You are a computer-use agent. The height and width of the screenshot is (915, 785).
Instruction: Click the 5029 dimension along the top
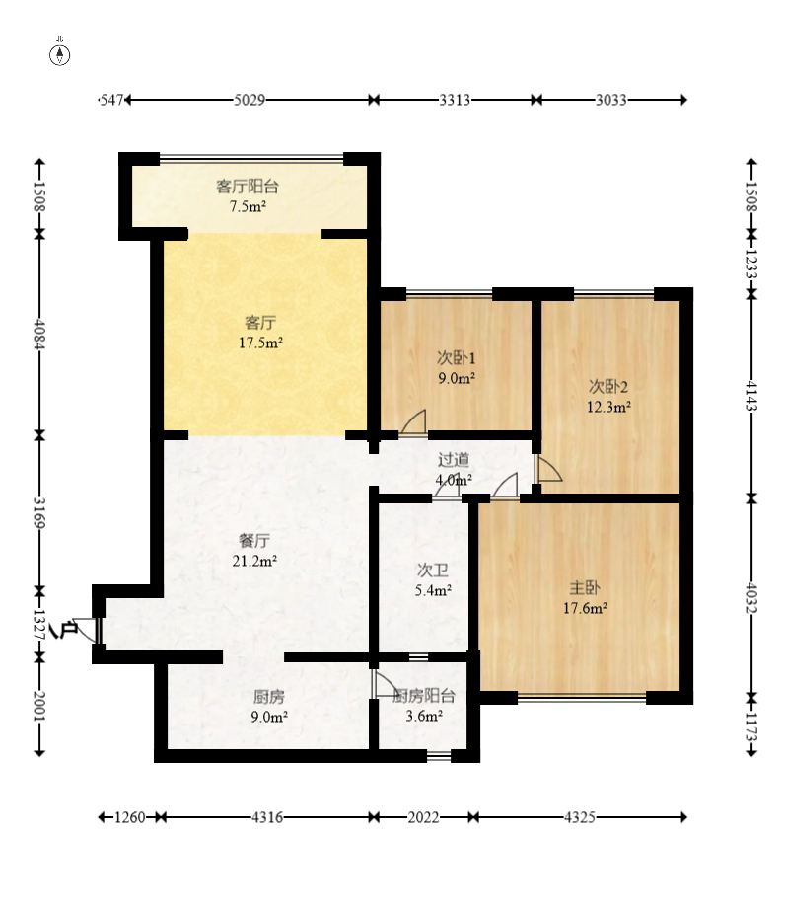[250, 100]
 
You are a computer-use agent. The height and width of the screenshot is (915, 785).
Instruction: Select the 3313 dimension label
[455, 100]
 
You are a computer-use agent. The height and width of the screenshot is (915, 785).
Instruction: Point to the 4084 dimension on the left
[39, 334]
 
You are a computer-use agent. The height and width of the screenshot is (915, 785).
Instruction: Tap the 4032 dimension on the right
[751, 598]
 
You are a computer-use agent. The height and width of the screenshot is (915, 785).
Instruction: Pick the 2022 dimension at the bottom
[423, 817]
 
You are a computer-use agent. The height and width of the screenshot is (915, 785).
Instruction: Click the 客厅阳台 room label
[248, 187]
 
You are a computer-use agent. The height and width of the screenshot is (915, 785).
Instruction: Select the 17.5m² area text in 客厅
[260, 343]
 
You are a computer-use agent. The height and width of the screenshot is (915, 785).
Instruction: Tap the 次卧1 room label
[456, 357]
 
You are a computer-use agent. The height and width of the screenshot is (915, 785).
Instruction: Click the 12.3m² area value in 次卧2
[608, 407]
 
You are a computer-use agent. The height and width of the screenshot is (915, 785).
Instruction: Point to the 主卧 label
[585, 587]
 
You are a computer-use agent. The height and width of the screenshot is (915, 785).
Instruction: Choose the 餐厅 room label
[254, 540]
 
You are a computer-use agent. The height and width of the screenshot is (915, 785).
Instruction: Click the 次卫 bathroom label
[433, 571]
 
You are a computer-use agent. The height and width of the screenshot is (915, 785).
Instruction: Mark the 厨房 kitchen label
[269, 696]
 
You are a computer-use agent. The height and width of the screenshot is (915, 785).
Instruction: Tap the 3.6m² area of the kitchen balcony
[424, 716]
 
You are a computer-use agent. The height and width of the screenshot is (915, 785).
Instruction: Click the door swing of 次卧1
[414, 421]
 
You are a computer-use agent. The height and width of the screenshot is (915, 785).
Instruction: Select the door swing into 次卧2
[548, 470]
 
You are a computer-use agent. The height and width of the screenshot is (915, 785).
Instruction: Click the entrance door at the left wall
[86, 630]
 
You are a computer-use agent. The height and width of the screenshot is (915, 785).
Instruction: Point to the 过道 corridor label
[454, 460]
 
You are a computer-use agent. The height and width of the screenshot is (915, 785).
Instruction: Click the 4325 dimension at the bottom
[580, 817]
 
